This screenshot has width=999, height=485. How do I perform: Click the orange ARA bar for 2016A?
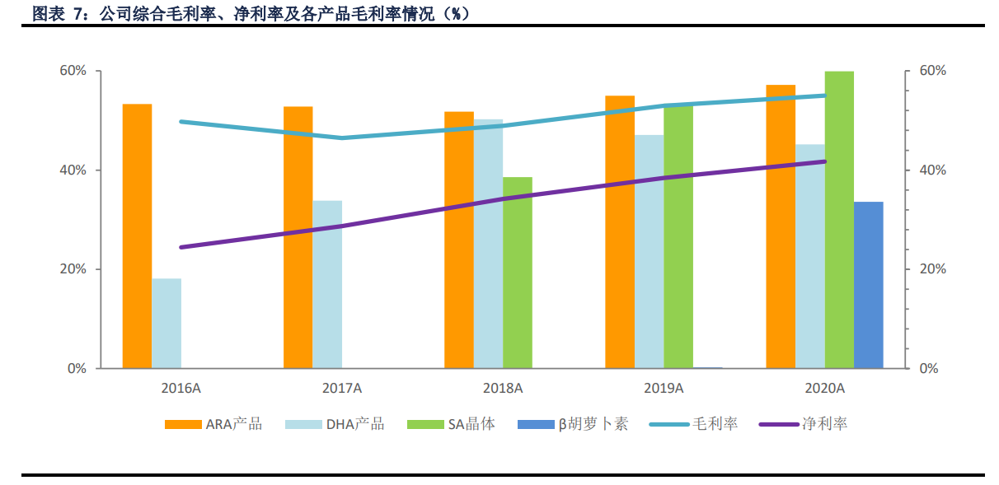pyautogui.click(x=138, y=236)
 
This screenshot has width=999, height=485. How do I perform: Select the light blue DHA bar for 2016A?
pyautogui.click(x=166, y=324)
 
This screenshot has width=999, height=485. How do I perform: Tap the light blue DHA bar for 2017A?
pyautogui.click(x=327, y=285)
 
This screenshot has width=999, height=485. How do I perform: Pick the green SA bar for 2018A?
pyautogui.click(x=518, y=273)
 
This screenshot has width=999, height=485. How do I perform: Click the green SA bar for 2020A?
pyautogui.click(x=839, y=220)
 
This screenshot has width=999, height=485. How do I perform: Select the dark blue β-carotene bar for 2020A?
pyautogui.click(x=869, y=285)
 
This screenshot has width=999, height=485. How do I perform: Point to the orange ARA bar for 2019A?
pyautogui.click(x=620, y=232)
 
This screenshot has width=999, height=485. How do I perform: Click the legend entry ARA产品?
pyautogui.click(x=213, y=424)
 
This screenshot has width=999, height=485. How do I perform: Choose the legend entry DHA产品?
pyautogui.click(x=335, y=424)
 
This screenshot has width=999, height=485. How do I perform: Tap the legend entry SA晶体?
pyautogui.click(x=451, y=424)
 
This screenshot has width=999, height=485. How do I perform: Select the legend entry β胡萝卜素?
pyautogui.click(x=573, y=424)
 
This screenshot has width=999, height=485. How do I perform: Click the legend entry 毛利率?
pyautogui.click(x=693, y=424)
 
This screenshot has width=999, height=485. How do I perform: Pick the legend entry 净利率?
pyautogui.click(x=803, y=424)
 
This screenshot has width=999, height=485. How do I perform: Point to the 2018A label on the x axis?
pyautogui.click(x=503, y=389)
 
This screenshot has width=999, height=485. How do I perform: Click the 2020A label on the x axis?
pyautogui.click(x=824, y=389)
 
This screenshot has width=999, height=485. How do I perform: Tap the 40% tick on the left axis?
pyautogui.click(x=73, y=170)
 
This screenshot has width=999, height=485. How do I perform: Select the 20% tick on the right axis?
pyautogui.click(x=932, y=269)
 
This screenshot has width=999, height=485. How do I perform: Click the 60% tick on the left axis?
pyautogui.click(x=73, y=71)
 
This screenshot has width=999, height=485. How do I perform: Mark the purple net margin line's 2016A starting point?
pyautogui.click(x=181, y=247)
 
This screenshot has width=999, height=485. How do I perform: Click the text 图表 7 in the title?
pyautogui.click(x=57, y=14)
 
